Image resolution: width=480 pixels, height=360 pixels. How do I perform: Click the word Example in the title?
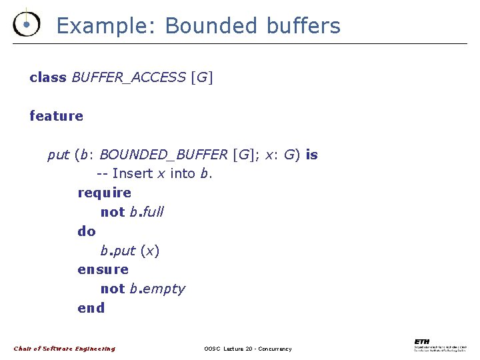click(106, 26)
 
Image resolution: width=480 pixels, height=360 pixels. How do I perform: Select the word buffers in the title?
click(303, 26)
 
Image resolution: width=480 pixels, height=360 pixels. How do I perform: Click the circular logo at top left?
click(26, 25)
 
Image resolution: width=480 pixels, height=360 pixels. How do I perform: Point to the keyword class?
click(48, 77)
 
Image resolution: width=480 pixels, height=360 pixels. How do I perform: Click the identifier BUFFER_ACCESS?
click(129, 77)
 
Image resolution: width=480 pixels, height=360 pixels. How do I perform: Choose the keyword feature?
click(57, 116)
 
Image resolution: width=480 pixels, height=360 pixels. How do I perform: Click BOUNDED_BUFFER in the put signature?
click(163, 155)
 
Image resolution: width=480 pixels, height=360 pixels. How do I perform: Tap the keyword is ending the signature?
click(311, 155)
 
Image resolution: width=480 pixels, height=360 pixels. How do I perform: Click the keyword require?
click(105, 193)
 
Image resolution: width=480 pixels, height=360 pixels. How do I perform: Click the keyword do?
click(87, 231)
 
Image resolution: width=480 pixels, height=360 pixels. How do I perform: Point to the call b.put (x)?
click(130, 251)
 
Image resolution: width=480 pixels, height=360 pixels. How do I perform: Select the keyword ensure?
click(103, 270)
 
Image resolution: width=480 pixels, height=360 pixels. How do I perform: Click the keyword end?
click(91, 308)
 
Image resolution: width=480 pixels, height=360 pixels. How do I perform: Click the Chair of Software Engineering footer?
click(65, 349)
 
